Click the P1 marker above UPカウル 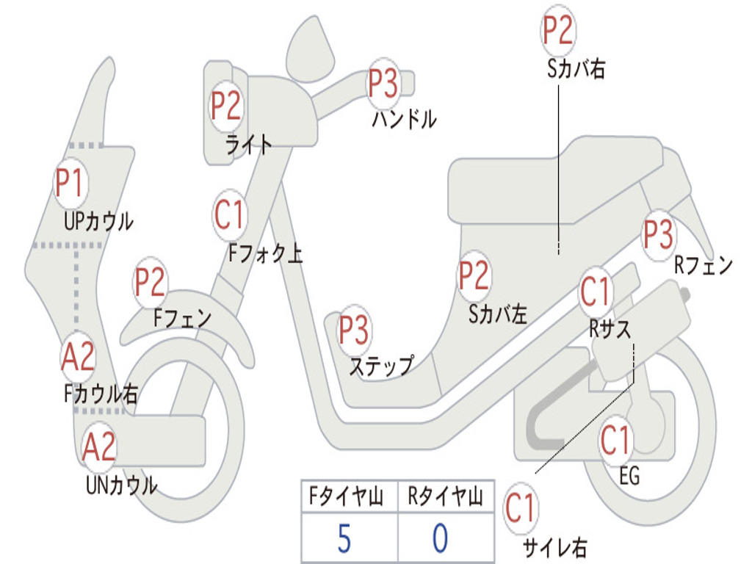tap(70, 184)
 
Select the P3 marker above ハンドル tap(383, 84)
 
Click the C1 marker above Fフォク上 tap(230, 214)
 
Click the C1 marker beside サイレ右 tap(521, 509)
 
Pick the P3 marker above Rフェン tap(658, 234)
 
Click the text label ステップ tap(380, 366)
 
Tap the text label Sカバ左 tap(499, 314)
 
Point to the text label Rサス tap(610, 330)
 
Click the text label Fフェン tap(182, 318)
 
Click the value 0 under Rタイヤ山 tap(439, 538)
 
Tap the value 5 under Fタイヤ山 tap(344, 538)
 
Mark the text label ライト tap(248, 145)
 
